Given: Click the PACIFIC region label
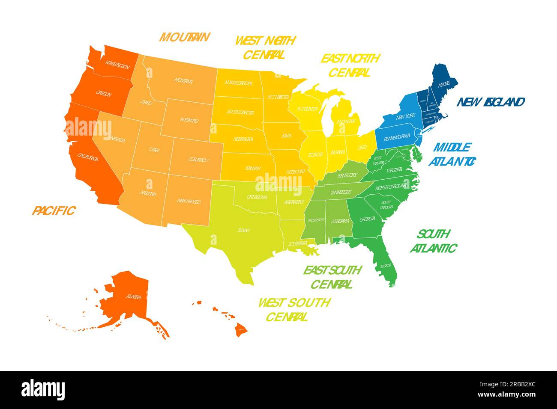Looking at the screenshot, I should tap(54, 210).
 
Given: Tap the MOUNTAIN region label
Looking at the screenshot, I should tap(184, 37).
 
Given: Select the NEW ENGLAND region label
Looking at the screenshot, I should tap(491, 102).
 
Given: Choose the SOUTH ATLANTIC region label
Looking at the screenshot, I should tap(433, 241).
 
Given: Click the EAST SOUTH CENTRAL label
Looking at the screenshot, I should tap(332, 277).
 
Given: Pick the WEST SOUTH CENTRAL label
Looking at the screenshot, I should tap(294, 309).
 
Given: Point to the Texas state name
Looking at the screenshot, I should tap(244, 230).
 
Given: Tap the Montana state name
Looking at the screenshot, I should tap(183, 80).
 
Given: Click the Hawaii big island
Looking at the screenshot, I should tap(241, 329).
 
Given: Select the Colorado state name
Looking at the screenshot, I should tap(198, 160).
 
